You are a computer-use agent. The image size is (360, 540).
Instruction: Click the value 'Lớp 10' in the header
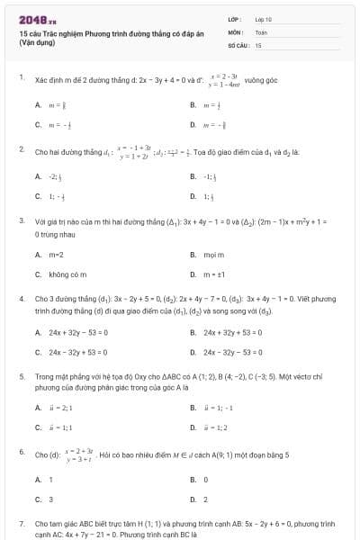pos(263,18)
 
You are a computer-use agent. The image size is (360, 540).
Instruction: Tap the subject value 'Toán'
pos(260,31)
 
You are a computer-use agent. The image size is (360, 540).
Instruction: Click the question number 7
pos(21,522)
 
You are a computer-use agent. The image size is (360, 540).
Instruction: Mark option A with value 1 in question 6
pos(50,480)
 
